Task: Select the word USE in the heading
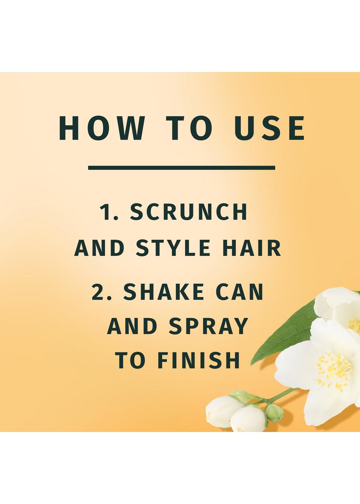(270, 128)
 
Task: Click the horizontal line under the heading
(181, 168)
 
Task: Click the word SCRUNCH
(189, 212)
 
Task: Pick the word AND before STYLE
(99, 248)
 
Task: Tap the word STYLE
(173, 248)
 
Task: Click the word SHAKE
(163, 292)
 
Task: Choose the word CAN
(239, 292)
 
